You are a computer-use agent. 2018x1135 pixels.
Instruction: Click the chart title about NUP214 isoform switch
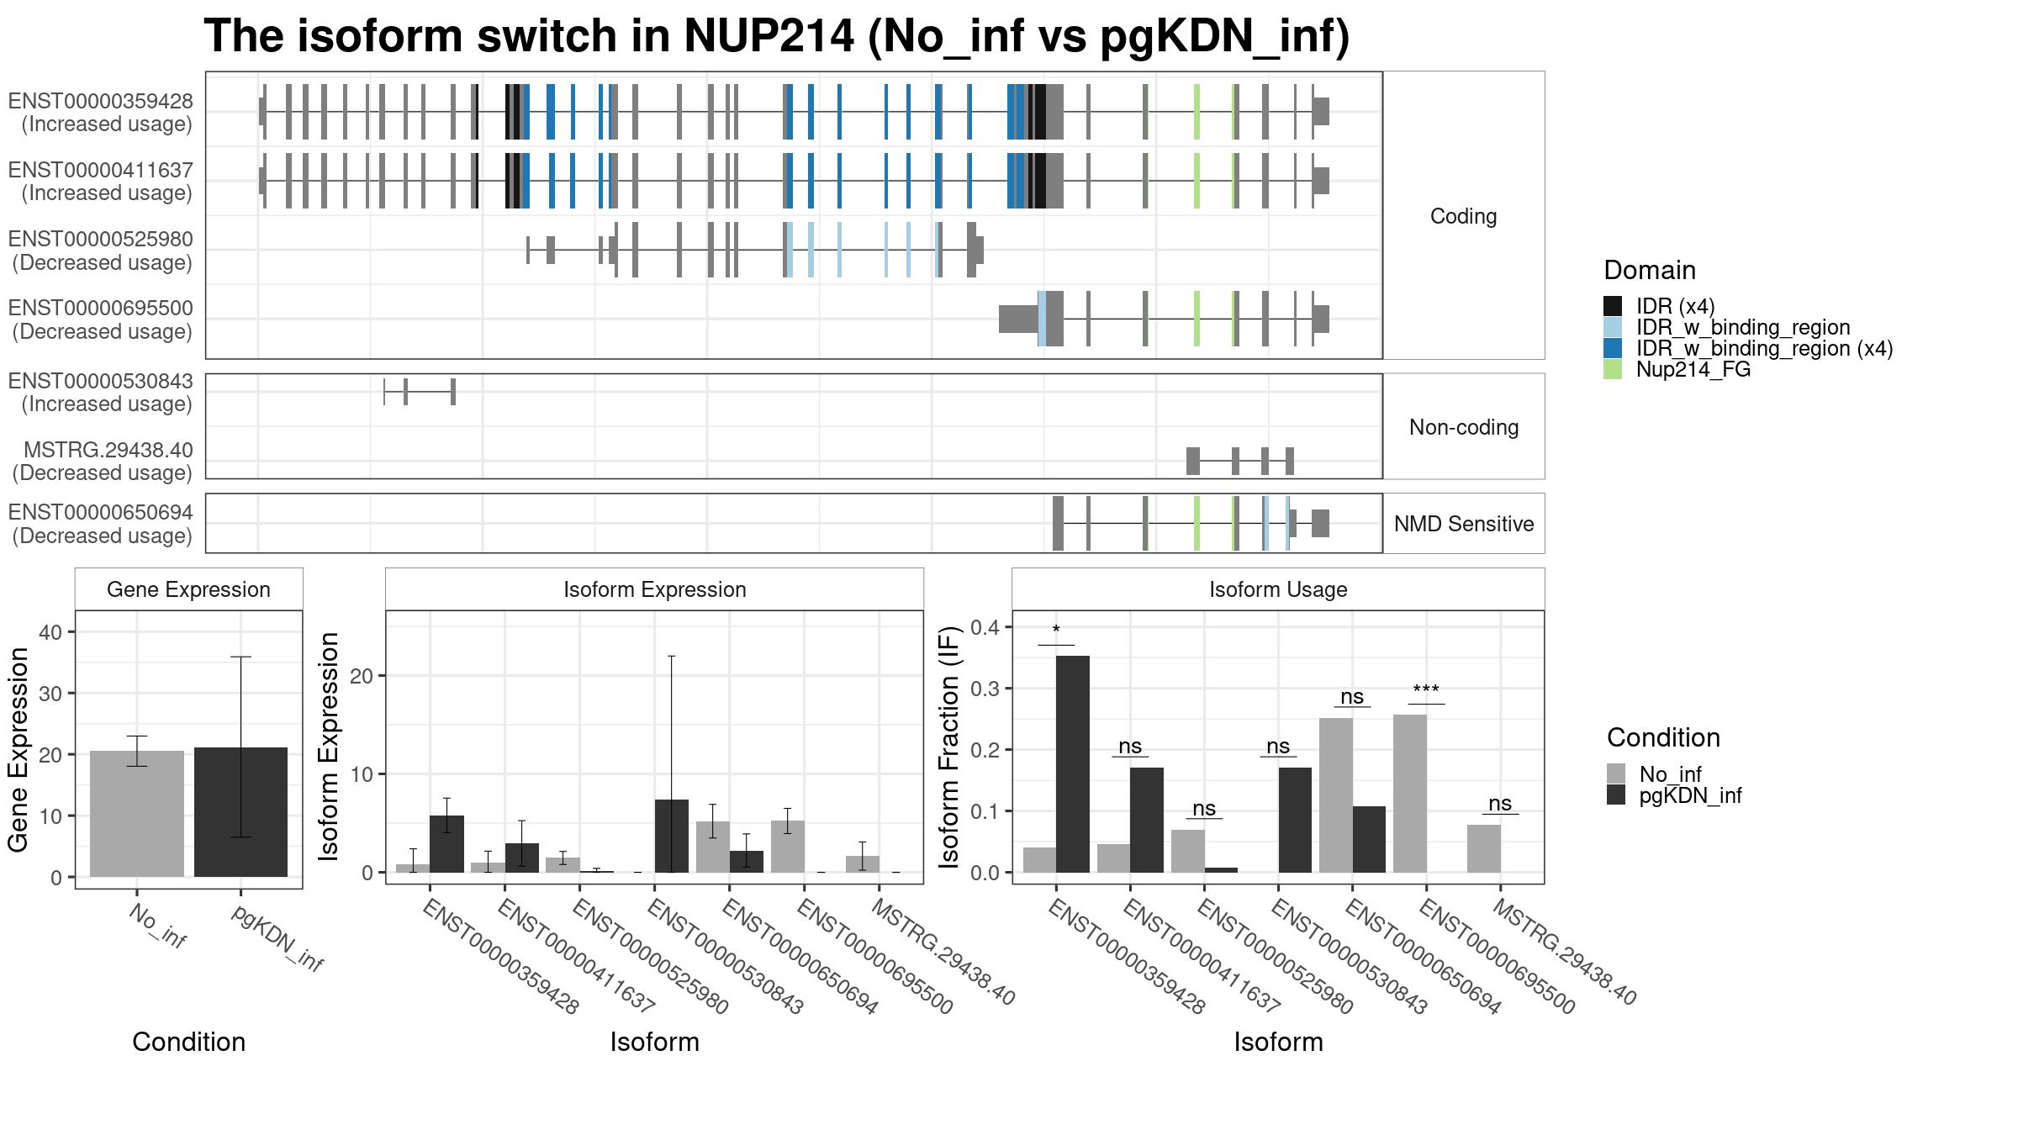776,36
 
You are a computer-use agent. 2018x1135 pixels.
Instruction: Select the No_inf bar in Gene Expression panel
136,814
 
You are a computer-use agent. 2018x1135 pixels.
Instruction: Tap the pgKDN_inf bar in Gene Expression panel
240,812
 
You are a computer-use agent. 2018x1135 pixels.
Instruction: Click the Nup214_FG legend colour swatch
1613,369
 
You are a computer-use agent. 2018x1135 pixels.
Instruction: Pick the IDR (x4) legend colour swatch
1613,306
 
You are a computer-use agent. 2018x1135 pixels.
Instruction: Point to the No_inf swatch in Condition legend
1616,773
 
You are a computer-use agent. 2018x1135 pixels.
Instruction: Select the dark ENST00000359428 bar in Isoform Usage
1073,764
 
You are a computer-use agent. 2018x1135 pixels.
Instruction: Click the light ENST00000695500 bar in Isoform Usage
1410,794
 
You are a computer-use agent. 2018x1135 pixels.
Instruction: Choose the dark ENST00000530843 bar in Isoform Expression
672,836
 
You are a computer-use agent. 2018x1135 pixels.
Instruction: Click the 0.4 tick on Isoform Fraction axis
985,627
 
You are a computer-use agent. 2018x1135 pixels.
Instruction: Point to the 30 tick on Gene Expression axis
50,694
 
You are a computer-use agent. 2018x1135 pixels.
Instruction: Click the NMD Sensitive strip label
1464,524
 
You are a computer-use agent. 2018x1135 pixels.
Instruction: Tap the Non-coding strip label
1464,427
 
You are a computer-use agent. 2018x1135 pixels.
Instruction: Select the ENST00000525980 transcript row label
101,251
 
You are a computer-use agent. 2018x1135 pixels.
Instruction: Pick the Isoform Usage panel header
1278,589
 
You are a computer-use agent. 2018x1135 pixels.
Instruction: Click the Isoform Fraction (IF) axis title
949,747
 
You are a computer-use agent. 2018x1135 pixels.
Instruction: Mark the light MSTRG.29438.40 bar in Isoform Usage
1484,848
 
